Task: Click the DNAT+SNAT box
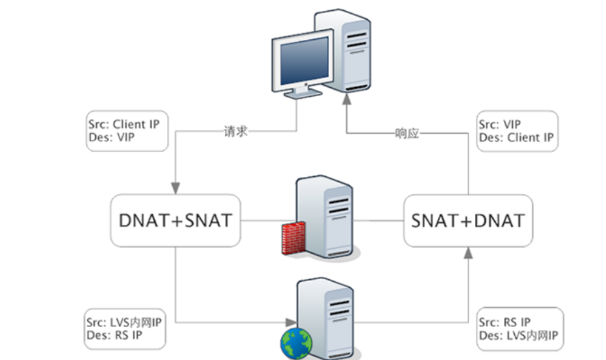pos(175,220)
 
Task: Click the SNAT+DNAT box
pos(468,220)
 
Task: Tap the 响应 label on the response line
pos(407,133)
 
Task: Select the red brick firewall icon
pos(293,238)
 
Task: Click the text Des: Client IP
pos(516,138)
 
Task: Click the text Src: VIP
pos(498,125)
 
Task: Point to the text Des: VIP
pos(112,137)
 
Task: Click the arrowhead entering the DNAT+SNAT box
pos(175,187)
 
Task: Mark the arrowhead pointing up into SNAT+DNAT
pos(468,253)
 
